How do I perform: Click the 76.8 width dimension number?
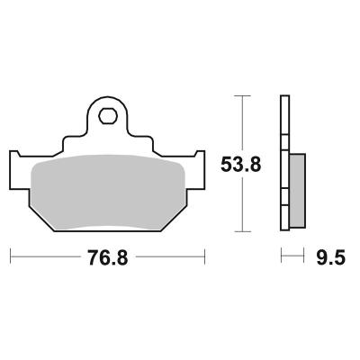(108, 257)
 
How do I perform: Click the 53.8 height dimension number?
(241, 165)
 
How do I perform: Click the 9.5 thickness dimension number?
(331, 257)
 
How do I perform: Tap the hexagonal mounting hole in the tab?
(108, 116)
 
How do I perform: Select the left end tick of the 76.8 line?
(11, 256)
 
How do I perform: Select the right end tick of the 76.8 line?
(204, 256)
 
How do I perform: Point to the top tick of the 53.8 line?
(242, 95)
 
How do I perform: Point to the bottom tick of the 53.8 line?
(242, 231)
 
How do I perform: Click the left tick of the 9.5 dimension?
(281, 256)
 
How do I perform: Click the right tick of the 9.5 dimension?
(303, 256)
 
